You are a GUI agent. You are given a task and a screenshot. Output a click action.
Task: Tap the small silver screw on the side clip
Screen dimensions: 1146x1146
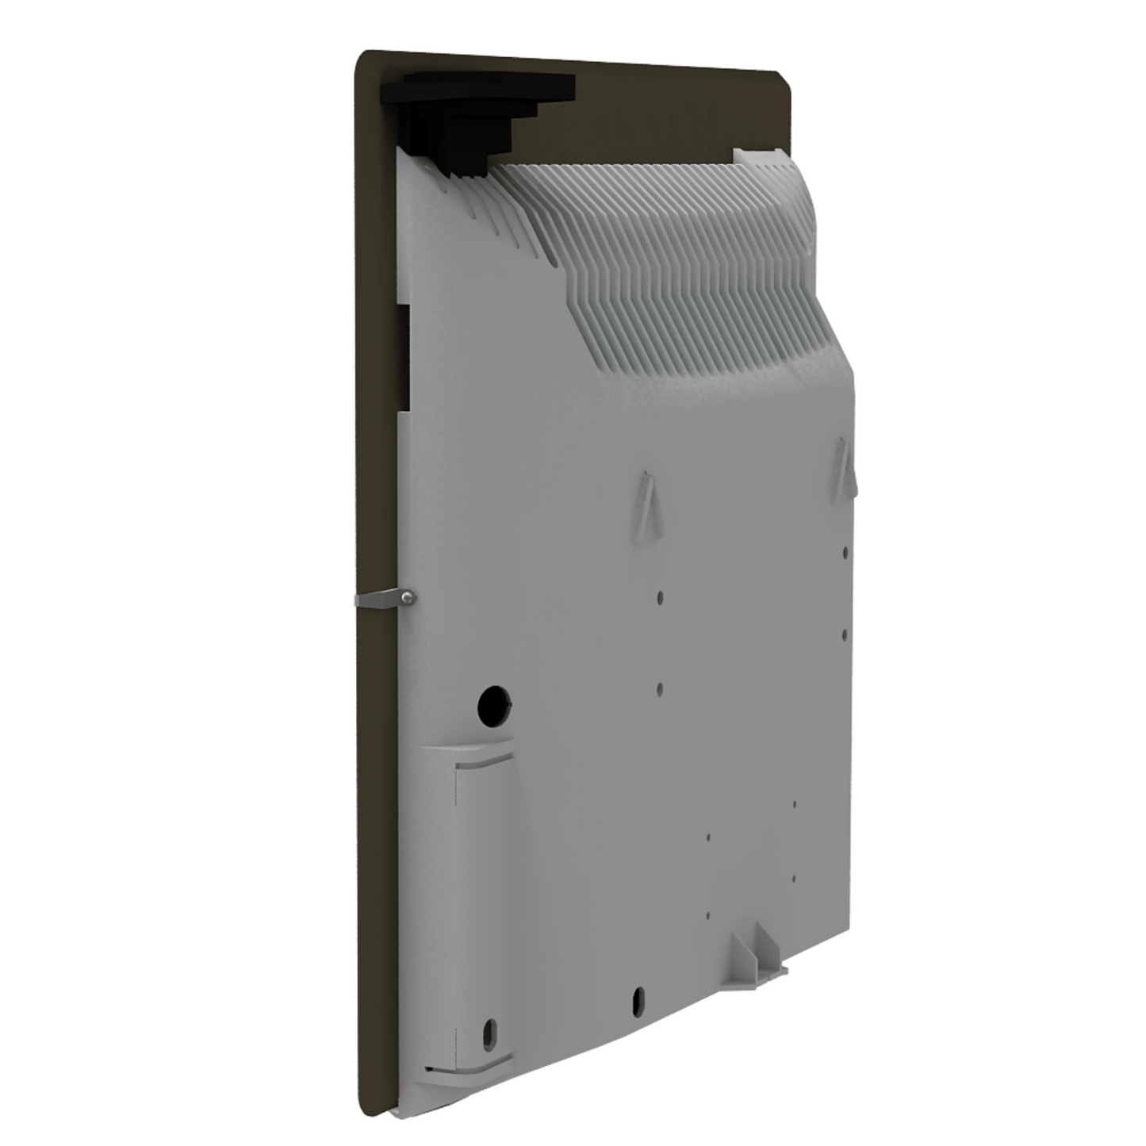[x=406, y=599]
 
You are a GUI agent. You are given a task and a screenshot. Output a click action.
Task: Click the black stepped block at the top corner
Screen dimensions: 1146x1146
[x=476, y=115]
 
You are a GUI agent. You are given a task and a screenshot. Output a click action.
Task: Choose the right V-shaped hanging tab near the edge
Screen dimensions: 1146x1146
[x=843, y=470]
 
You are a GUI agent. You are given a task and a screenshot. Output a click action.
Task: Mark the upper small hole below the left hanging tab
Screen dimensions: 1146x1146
[x=660, y=596]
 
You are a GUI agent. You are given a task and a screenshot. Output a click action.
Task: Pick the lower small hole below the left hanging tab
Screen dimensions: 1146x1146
[x=660, y=688]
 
